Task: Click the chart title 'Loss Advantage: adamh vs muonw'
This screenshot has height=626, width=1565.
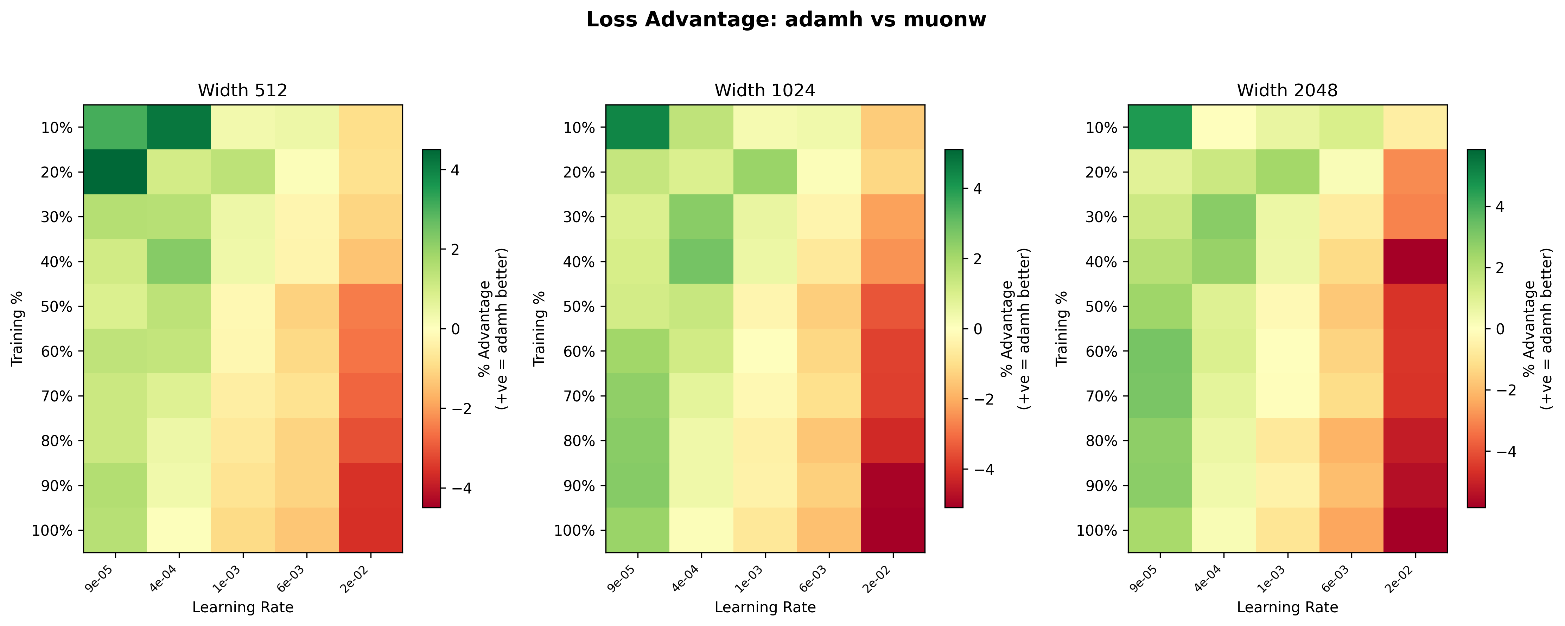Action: (x=786, y=20)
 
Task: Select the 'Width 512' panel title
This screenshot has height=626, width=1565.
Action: (x=242, y=90)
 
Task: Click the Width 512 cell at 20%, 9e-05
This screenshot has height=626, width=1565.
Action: (x=115, y=172)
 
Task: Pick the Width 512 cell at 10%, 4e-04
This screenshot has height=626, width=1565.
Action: (x=179, y=127)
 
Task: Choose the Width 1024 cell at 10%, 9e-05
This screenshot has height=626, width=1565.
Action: (x=637, y=127)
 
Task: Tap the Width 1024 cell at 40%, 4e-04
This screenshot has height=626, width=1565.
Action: (x=701, y=261)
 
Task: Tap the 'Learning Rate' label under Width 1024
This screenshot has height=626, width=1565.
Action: (x=765, y=607)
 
